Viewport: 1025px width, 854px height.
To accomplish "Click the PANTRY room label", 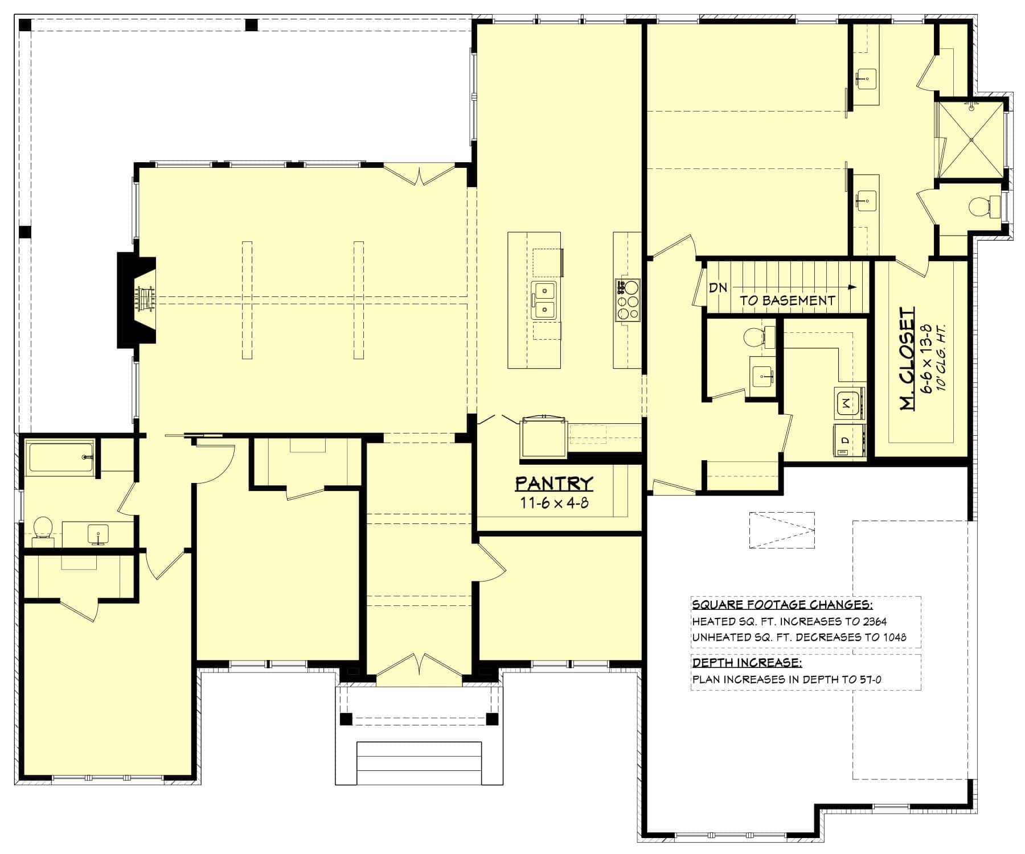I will [553, 484].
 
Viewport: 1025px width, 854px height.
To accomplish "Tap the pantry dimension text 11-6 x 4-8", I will [553, 503].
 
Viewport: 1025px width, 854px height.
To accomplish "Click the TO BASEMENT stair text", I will [787, 301].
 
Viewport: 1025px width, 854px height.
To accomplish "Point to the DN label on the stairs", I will [718, 287].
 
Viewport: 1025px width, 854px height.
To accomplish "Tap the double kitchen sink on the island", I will [544, 300].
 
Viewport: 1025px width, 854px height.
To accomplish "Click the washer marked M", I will [848, 403].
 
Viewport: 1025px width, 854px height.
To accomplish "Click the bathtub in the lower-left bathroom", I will [60, 457].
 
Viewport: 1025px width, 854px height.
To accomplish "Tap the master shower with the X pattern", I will [970, 139].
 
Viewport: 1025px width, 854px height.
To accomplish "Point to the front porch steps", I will [419, 762].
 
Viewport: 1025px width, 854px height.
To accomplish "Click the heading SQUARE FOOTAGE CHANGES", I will [782, 604].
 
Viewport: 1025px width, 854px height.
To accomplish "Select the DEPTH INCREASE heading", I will [747, 663].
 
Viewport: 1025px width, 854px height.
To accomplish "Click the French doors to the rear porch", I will [419, 174].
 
